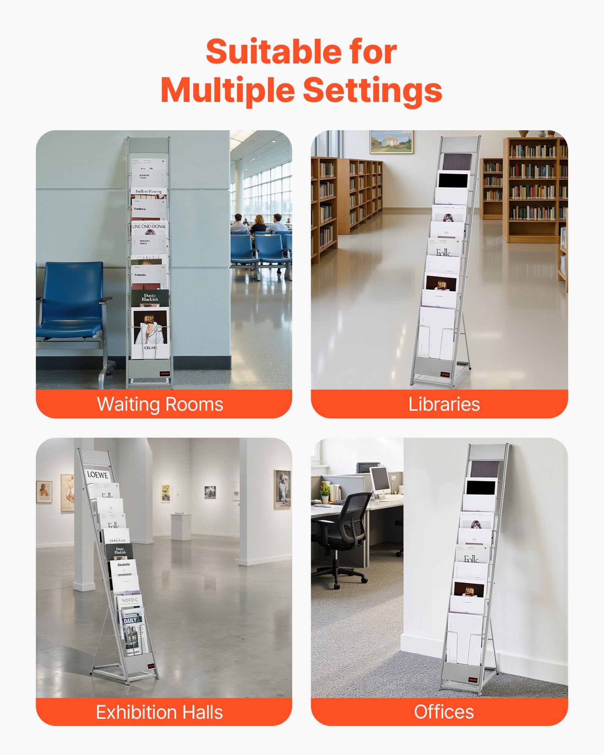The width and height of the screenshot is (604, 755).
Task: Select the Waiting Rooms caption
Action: (160, 404)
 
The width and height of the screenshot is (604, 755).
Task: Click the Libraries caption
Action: (444, 404)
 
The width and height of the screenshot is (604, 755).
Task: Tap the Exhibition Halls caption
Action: (159, 712)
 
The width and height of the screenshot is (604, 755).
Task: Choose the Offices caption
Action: (444, 712)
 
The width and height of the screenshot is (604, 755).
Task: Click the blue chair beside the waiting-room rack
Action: (72, 302)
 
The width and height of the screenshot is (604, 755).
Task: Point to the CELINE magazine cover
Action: (150, 332)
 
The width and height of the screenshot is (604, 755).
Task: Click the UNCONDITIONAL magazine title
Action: (149, 226)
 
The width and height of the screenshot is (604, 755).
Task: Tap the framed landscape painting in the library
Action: (391, 142)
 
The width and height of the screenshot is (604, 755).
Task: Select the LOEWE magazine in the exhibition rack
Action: (97, 475)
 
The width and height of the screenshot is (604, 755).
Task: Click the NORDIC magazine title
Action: (129, 600)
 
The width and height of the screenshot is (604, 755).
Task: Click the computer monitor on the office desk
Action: (380, 479)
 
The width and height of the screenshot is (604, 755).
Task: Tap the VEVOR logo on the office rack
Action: (473, 680)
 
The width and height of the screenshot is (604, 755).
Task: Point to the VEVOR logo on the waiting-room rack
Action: (165, 374)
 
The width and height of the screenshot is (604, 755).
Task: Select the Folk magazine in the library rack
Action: (443, 252)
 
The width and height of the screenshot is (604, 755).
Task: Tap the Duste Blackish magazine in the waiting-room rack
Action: (150, 297)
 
